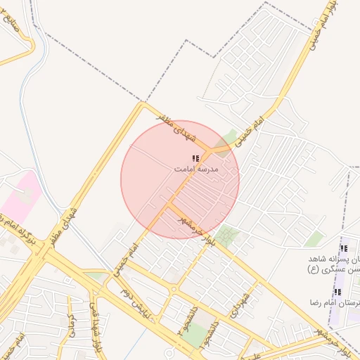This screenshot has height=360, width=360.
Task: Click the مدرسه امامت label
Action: click(x=197, y=169)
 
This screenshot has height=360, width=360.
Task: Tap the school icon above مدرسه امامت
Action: click(x=195, y=159)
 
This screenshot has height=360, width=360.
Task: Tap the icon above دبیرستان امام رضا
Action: click(x=337, y=292)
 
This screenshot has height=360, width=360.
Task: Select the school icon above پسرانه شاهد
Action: click(x=344, y=248)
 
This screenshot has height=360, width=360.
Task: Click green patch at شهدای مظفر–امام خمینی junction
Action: click(x=229, y=136)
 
